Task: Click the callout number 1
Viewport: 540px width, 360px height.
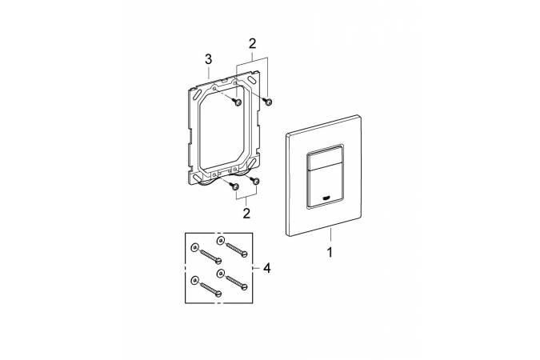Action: point(330,253)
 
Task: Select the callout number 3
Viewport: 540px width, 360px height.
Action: point(208,59)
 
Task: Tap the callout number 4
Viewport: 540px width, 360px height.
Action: point(267,268)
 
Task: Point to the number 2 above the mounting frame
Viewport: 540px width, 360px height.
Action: point(253,44)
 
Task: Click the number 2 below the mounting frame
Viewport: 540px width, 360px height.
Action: point(246,214)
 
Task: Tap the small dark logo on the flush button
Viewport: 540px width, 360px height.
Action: point(326,198)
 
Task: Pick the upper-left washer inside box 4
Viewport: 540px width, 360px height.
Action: point(194,247)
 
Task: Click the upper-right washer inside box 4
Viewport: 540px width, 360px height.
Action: point(220,240)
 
